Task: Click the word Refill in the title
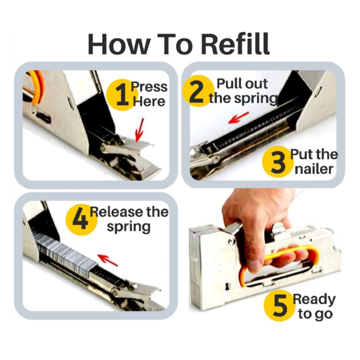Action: pos(235,44)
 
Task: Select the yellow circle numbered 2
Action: pos(197,91)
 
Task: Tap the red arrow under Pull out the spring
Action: pos(239,117)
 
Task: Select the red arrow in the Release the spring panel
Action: pos(108,261)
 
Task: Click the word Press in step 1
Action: pos(149,87)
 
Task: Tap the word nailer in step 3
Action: pos(314,169)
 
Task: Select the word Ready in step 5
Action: pos(314,300)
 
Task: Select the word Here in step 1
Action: pos(149,101)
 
